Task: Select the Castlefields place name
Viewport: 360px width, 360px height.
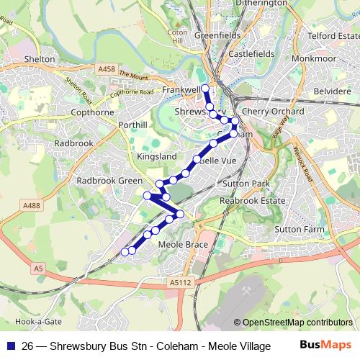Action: click(248, 54)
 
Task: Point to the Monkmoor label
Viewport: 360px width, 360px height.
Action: click(312, 54)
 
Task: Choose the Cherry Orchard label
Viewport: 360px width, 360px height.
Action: click(273, 112)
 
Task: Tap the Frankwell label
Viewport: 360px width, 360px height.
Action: click(180, 90)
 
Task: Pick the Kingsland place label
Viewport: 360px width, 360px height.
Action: click(156, 156)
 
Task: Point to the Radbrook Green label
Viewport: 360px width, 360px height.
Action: click(109, 181)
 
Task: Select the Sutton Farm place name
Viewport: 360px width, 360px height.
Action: click(300, 229)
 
